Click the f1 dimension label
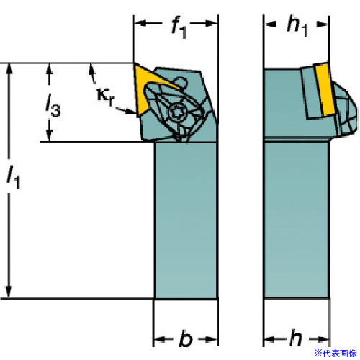[179, 27]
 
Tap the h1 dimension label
[297, 27]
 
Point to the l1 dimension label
[14, 177]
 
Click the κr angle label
[106, 96]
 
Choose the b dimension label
[186, 338]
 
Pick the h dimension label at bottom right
[295, 338]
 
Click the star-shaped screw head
[177, 112]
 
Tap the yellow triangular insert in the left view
[149, 86]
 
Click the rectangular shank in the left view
[186, 220]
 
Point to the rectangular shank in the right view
[296, 220]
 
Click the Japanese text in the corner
[336, 353]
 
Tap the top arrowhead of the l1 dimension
[9, 69]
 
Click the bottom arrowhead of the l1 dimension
[9, 292]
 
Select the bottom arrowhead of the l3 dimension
[49, 136]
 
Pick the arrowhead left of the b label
[159, 339]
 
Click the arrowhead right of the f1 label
[212, 23]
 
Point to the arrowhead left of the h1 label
[269, 24]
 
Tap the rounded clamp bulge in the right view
[346, 110]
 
